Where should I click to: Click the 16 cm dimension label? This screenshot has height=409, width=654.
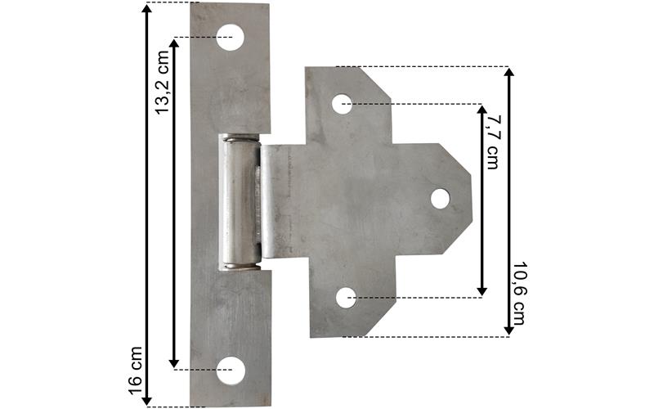point(136,371)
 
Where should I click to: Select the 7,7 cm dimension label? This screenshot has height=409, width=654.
point(493,142)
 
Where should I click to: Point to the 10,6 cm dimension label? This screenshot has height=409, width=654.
point(519,294)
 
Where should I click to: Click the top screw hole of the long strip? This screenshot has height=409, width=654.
point(230,38)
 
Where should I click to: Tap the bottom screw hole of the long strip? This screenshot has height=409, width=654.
point(231,371)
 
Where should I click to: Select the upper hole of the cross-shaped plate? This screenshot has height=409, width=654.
point(342,104)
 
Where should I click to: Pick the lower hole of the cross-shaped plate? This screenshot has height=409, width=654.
point(346,298)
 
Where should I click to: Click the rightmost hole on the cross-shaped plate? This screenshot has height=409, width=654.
point(441,199)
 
